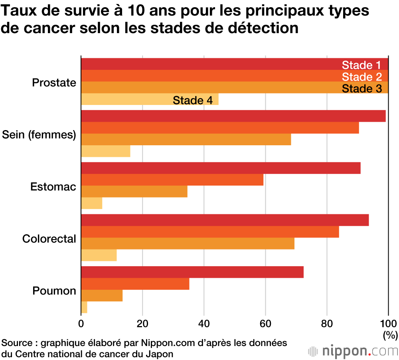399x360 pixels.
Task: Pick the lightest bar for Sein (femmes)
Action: point(106,151)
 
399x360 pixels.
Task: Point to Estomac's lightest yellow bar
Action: point(92,203)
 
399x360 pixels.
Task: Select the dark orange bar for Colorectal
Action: point(210,232)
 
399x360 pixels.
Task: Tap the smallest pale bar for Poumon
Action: point(84,307)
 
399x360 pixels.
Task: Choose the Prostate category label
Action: point(54,83)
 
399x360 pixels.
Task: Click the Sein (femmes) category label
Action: point(39,135)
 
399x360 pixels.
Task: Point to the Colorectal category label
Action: point(49,239)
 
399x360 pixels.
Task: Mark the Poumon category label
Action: point(54,291)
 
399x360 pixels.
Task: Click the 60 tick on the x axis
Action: point(265,323)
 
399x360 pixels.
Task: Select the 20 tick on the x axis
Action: point(142,323)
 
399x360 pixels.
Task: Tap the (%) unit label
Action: point(390,334)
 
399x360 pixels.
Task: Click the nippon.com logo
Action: point(353,351)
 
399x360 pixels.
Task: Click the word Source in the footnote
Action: point(16,343)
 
